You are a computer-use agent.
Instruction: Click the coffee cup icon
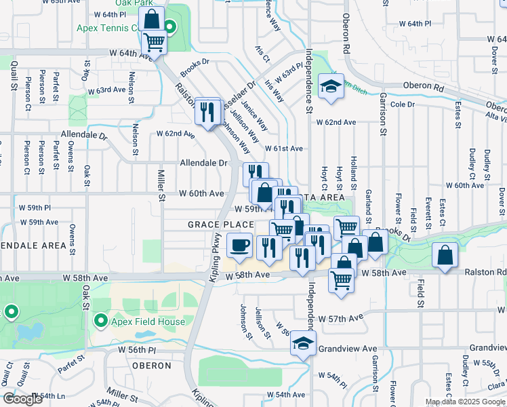point(239,245)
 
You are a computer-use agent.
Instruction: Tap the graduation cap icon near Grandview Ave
point(303,343)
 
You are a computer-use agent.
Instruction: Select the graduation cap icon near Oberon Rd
point(330,87)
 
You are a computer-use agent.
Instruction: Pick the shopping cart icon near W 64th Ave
point(154,43)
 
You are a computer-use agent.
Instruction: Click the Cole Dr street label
point(402,104)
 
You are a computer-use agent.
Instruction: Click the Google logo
point(23,399)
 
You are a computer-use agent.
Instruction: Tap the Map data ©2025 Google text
point(464,402)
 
